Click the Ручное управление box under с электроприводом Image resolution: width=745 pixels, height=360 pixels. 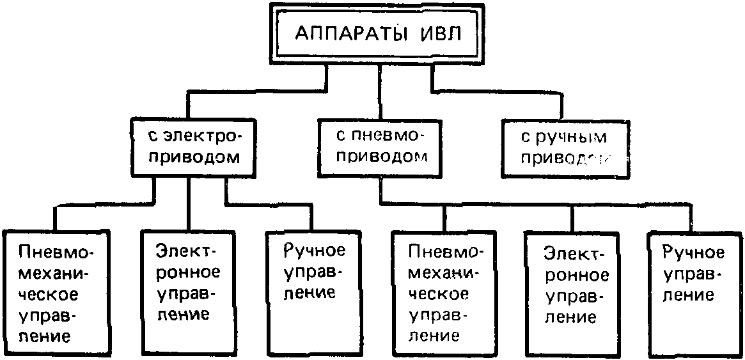(x=310, y=291)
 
